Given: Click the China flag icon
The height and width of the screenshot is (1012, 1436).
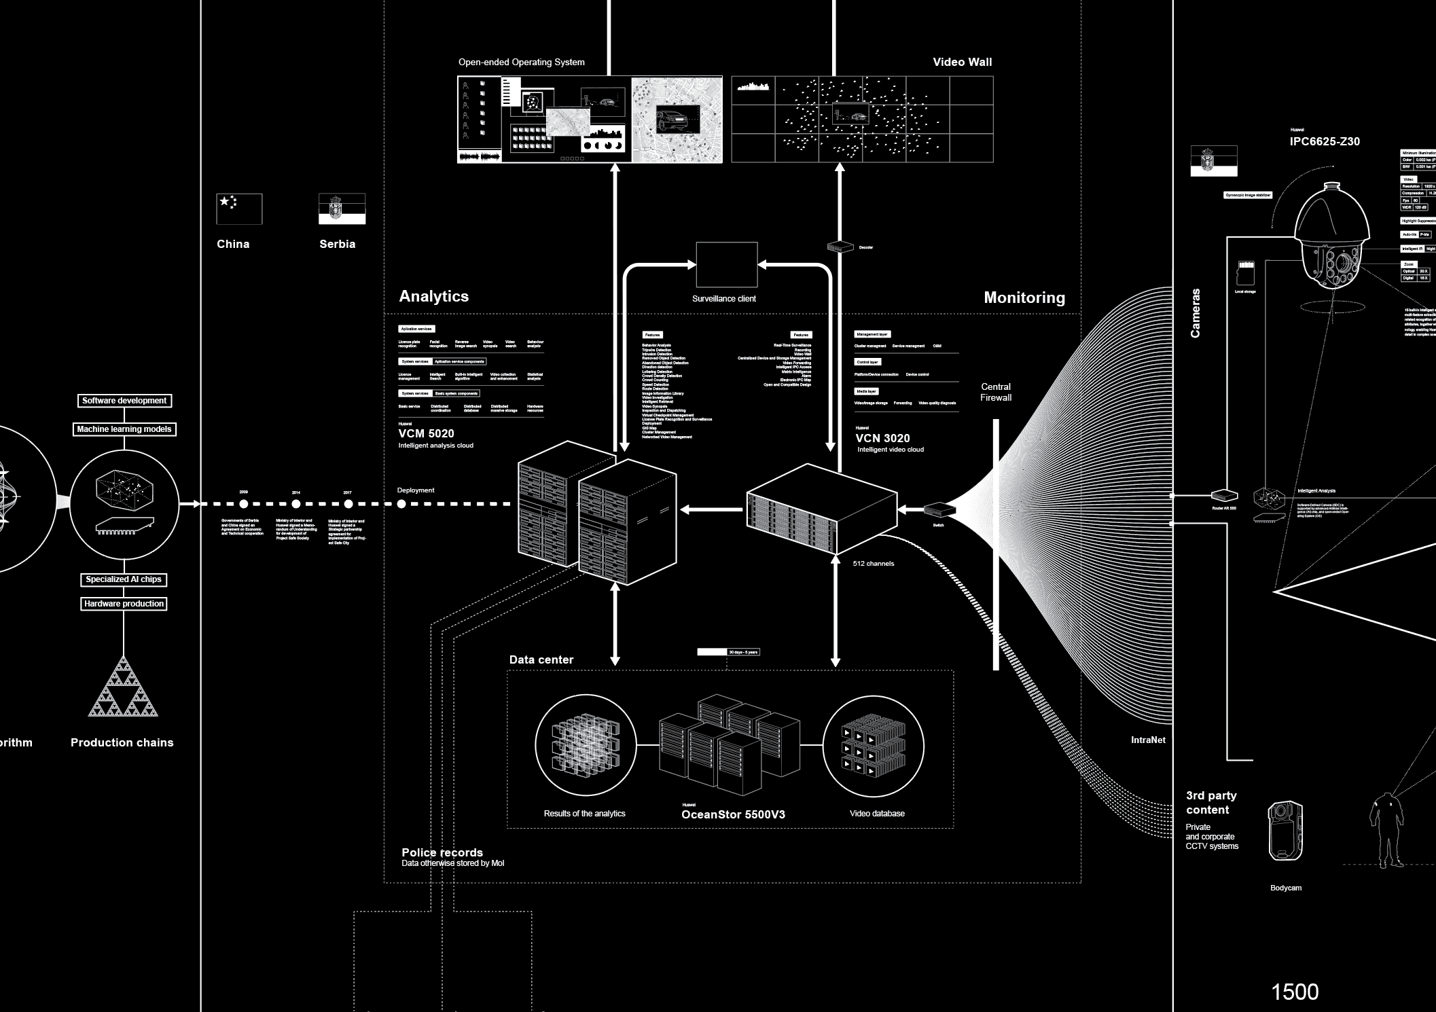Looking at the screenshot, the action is click(x=239, y=209).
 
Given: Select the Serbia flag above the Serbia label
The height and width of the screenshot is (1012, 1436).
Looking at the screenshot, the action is click(x=342, y=209).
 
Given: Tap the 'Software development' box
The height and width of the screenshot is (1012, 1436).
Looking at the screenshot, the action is click(x=124, y=401).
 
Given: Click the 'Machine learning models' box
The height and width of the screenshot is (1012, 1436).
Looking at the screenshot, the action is click(x=124, y=429).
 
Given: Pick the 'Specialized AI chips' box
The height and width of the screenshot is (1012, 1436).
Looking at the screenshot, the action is click(x=124, y=579).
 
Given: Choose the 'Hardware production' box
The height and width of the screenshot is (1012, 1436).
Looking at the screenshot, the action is click(x=124, y=604).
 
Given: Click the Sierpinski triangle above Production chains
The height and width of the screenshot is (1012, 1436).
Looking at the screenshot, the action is click(x=123, y=687).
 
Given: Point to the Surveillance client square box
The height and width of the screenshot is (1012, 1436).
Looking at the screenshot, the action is click(x=726, y=265).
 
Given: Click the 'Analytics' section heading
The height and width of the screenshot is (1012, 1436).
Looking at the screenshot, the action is click(x=433, y=296).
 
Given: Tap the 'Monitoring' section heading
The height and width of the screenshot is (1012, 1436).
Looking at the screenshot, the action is click(x=1024, y=297).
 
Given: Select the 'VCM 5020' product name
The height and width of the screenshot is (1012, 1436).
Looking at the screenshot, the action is click(x=426, y=433).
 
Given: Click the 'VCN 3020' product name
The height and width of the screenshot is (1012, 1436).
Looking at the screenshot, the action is click(x=882, y=438).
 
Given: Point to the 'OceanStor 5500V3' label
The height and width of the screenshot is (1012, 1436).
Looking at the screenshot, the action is click(x=733, y=814).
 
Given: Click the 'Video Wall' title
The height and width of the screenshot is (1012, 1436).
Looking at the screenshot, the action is click(x=962, y=62).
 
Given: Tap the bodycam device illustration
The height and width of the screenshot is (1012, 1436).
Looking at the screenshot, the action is click(x=1285, y=831).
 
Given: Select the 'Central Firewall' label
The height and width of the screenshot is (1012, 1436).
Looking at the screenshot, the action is click(x=996, y=392).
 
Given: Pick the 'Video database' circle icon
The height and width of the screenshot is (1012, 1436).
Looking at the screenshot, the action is click(x=873, y=746).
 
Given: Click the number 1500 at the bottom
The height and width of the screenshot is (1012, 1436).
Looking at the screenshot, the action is click(x=1295, y=992).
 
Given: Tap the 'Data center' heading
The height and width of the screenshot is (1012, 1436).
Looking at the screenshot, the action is click(x=541, y=659).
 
